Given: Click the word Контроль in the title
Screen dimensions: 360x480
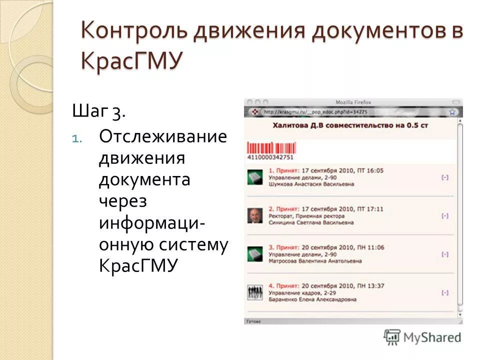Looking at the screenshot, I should [x=133, y=31].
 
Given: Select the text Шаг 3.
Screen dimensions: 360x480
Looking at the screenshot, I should [x=99, y=111].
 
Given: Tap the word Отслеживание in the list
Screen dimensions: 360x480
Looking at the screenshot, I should [x=163, y=136].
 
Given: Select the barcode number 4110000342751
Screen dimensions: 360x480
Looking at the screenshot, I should [x=270, y=157].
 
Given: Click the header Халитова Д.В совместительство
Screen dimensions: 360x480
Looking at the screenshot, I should [x=350, y=126].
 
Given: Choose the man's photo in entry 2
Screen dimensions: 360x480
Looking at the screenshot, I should [x=255, y=216].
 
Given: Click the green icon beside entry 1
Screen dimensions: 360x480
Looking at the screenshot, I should [x=255, y=177].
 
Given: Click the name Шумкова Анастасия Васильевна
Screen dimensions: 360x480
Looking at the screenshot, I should [x=311, y=184].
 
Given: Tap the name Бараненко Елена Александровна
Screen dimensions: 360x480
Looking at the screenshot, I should [x=312, y=299].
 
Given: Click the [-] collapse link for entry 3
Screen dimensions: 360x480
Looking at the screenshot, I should [x=445, y=254].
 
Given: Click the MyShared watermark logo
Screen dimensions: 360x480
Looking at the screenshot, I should [x=422, y=337].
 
